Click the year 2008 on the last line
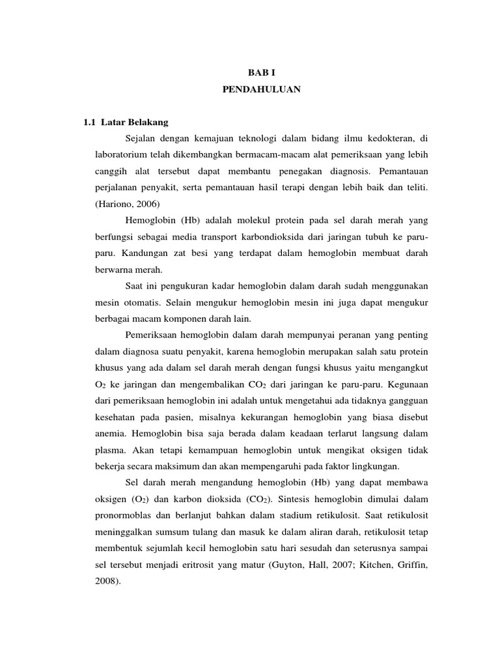click(104, 580)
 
